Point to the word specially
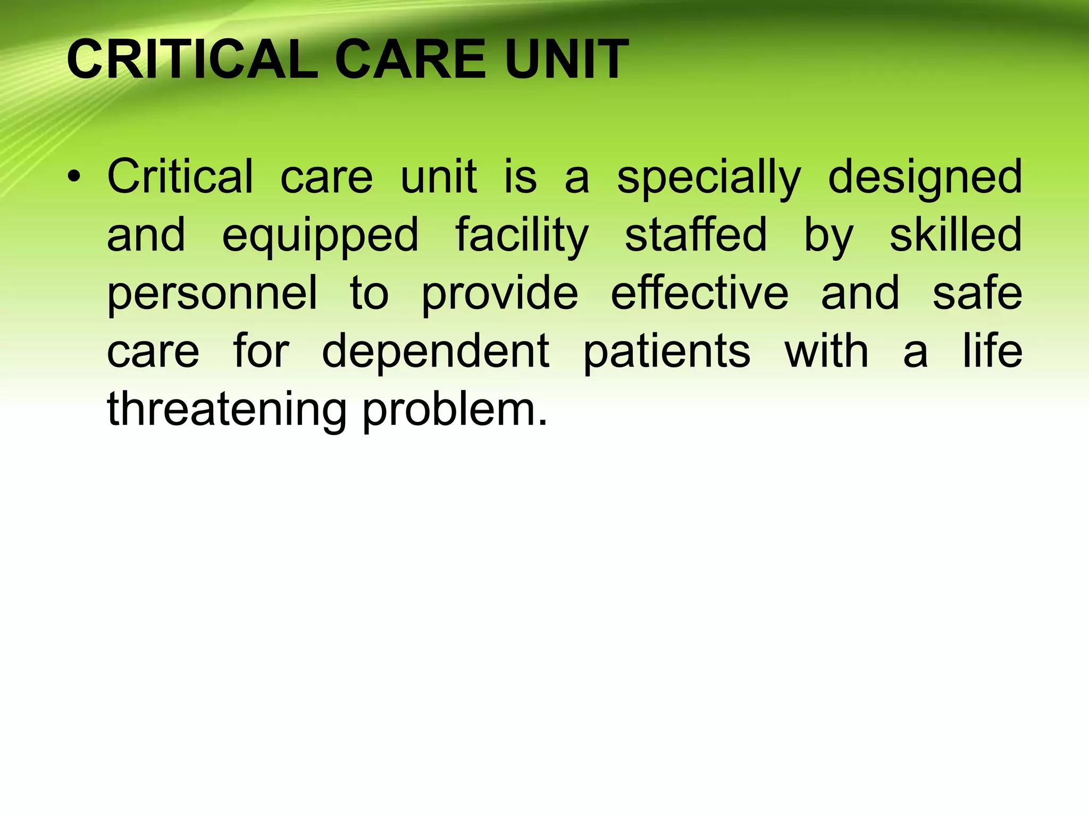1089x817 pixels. [708, 178]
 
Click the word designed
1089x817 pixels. [925, 178]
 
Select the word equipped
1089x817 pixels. [321, 236]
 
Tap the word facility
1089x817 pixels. [522, 236]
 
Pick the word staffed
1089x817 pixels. [696, 235]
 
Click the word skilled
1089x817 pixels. [956, 235]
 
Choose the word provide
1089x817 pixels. [500, 294]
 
